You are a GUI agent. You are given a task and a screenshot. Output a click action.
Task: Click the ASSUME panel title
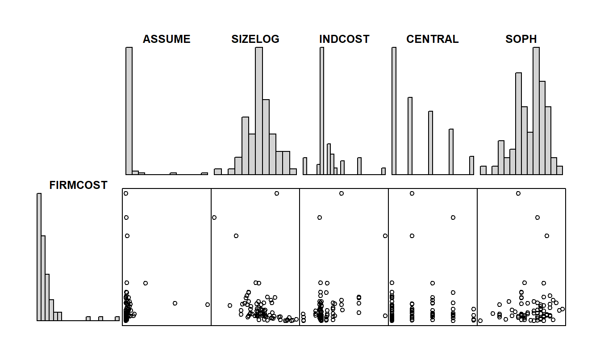[x=167, y=39]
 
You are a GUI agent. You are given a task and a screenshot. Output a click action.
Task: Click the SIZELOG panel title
[x=255, y=39]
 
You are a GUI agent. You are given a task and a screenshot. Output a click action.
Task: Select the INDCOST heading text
[x=344, y=39]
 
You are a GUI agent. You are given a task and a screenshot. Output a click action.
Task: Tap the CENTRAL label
[x=432, y=39]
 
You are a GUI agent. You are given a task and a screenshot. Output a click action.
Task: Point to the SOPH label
[x=521, y=39]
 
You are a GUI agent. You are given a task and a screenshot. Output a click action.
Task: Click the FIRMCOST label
[x=78, y=185]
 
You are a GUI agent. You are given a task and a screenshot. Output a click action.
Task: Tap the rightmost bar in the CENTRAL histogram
[x=471, y=165]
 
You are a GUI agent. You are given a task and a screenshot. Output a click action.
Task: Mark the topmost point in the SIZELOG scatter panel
[x=277, y=193]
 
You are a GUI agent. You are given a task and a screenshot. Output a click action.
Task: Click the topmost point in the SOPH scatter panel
[x=518, y=193]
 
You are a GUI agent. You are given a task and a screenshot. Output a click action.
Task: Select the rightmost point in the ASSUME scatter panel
[x=208, y=305]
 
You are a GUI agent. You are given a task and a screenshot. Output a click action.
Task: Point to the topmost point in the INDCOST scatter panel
[x=342, y=193]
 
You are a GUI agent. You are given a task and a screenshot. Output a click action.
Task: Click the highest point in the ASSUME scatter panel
[x=126, y=193]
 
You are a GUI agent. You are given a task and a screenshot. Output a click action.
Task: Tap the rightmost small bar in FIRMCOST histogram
[x=117, y=318]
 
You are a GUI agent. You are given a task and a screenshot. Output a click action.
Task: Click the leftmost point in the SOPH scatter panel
[x=480, y=320]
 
